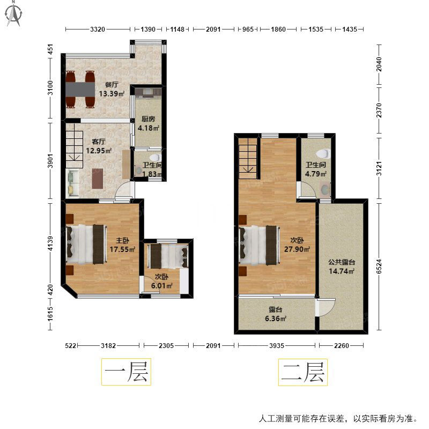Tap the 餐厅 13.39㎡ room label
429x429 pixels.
pyautogui.click(x=112, y=90)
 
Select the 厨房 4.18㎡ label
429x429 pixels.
pyautogui.click(x=149, y=123)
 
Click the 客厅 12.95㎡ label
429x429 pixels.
pyautogui.click(x=99, y=146)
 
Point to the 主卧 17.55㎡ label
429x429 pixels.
pyautogui.click(x=123, y=245)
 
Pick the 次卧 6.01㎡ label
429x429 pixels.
pyautogui.click(x=162, y=281)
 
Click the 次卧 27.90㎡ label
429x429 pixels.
pyautogui.click(x=297, y=245)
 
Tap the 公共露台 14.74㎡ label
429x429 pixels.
pyautogui.click(x=342, y=267)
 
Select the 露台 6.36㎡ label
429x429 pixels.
pyautogui.click(x=276, y=314)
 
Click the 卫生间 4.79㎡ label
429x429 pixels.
pyautogui.click(x=316, y=169)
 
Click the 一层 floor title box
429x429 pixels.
pyautogui.click(x=126, y=372)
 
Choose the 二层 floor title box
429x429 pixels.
pyautogui.click(x=303, y=372)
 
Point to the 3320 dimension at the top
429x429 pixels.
pyautogui.click(x=98, y=29)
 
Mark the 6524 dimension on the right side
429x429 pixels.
pyautogui.click(x=379, y=267)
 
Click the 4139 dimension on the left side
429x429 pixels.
pyautogui.click(x=50, y=243)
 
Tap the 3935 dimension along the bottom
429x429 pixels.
pyautogui.click(x=277, y=345)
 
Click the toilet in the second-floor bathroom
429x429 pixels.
pyautogui.click(x=323, y=153)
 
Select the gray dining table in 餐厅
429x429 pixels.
pyautogui.click(x=80, y=89)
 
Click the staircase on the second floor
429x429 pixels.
pyautogui.click(x=248, y=159)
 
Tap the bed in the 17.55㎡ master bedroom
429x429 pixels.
pyautogui.click(x=85, y=245)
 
